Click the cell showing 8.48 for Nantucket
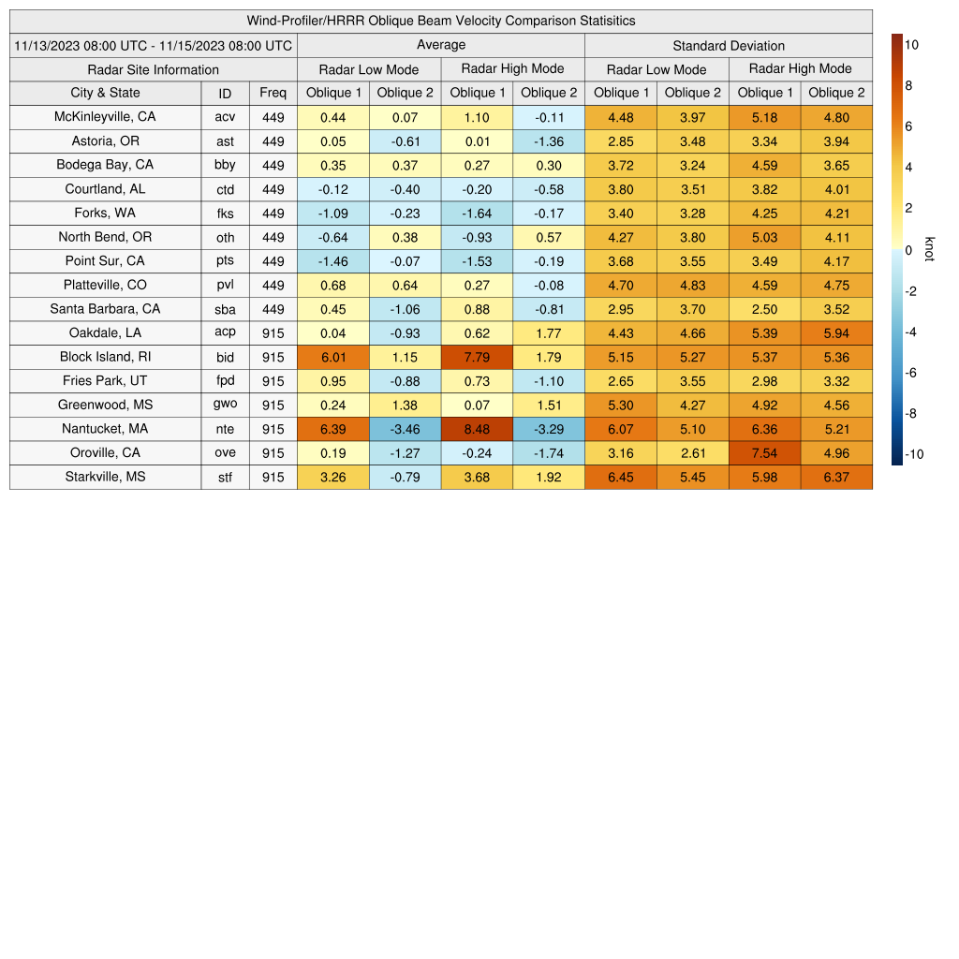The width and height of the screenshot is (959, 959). pos(477,429)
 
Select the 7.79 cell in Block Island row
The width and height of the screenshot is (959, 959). pos(477,357)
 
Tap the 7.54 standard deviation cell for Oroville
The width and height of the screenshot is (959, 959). pos(764,453)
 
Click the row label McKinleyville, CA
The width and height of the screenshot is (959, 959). pos(105,117)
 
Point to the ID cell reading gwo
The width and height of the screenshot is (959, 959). pos(225,406)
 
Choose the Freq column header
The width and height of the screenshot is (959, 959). pos(273,93)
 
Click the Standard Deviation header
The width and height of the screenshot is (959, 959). pos(729,46)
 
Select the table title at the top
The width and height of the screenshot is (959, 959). pos(441,21)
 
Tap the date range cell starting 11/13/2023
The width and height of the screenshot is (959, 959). pos(154,45)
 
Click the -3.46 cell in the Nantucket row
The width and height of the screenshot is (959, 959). pos(405,429)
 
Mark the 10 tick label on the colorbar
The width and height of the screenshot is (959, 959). pos(911,44)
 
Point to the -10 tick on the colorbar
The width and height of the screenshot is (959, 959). pos(914,455)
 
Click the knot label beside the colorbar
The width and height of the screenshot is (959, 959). pos(929,249)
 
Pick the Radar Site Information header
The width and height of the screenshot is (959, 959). pos(153,69)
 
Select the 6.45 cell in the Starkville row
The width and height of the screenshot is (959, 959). pos(620,478)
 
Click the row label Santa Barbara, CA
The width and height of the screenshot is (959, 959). pos(105,309)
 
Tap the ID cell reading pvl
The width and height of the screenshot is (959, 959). pos(225,285)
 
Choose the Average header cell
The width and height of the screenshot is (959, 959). pos(441,45)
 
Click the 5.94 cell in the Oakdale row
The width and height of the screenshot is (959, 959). pos(836,332)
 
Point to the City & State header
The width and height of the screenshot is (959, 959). pos(105,93)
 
